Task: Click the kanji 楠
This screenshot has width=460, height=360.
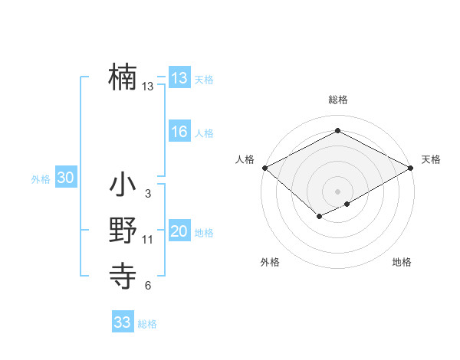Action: tap(123, 77)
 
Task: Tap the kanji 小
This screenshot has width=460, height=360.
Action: tap(123, 185)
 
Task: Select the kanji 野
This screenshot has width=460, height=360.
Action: tap(123, 231)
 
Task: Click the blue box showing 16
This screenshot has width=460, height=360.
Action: tap(179, 132)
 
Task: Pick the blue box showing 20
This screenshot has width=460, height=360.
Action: tap(179, 231)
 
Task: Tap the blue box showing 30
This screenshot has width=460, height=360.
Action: tap(65, 178)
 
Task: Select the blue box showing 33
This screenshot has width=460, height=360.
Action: tap(123, 322)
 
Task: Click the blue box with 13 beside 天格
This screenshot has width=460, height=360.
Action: tap(179, 77)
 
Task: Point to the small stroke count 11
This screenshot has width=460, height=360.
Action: tap(148, 240)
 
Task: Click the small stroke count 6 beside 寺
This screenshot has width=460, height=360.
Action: tap(148, 286)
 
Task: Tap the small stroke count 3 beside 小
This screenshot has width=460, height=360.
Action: tap(148, 194)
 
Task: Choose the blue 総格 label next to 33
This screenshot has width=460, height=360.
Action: tap(147, 324)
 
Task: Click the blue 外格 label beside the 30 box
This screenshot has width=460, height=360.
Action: tap(41, 179)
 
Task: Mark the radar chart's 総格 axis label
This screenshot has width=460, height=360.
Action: tap(337, 100)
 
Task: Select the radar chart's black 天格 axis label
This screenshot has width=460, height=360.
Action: tap(431, 159)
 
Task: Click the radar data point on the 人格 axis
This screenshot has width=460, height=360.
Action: tap(264, 167)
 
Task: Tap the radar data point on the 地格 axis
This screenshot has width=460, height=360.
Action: tap(347, 204)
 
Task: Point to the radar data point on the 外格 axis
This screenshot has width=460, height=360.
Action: tap(318, 217)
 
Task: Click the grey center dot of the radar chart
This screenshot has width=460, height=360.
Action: tap(337, 191)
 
